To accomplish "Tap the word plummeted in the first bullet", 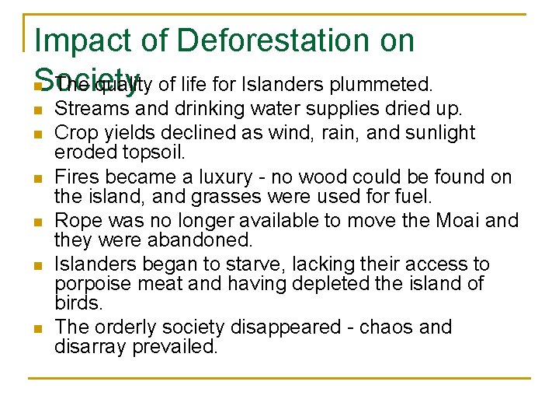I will point(381,83).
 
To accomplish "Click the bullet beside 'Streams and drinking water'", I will point(36,110).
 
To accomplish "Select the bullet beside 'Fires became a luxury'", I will point(36,179).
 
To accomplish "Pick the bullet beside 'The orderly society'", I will point(36,329).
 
